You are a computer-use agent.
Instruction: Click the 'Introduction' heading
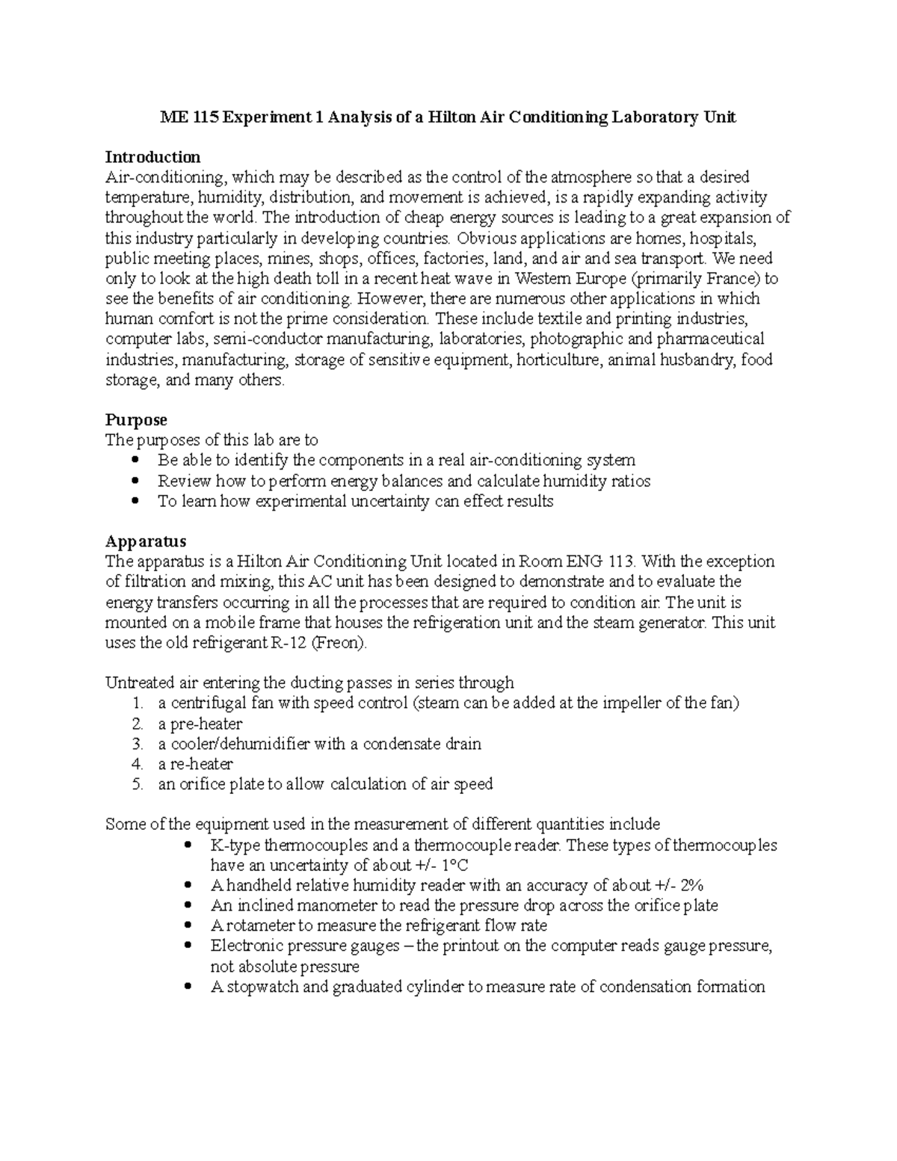pos(152,157)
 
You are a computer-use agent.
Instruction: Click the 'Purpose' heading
pos(136,419)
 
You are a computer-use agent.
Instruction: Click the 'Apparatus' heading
pos(146,541)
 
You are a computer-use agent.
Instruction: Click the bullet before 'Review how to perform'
pos(135,481)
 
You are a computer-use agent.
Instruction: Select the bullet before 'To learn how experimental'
pos(135,502)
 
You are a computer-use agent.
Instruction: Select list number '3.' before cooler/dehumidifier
pos(137,745)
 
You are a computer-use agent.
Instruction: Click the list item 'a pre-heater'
pos(200,724)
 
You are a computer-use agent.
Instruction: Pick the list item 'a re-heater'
pos(196,765)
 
